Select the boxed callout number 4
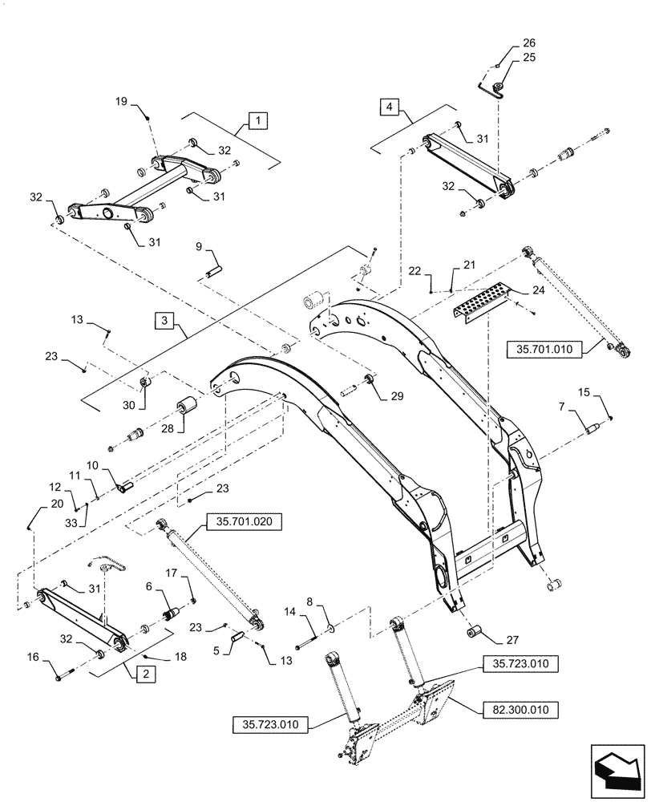click(x=388, y=106)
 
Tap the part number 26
click(x=507, y=43)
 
